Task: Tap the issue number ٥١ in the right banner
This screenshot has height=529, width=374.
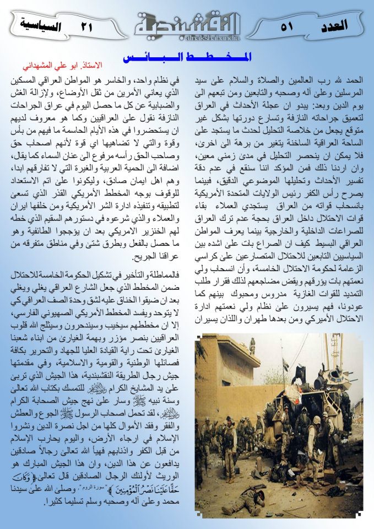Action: [x=287, y=25]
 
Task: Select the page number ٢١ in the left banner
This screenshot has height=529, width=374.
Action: [x=87, y=26]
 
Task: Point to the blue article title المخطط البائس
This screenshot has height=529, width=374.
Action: [x=187, y=57]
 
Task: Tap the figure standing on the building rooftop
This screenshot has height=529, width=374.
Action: [x=252, y=346]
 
